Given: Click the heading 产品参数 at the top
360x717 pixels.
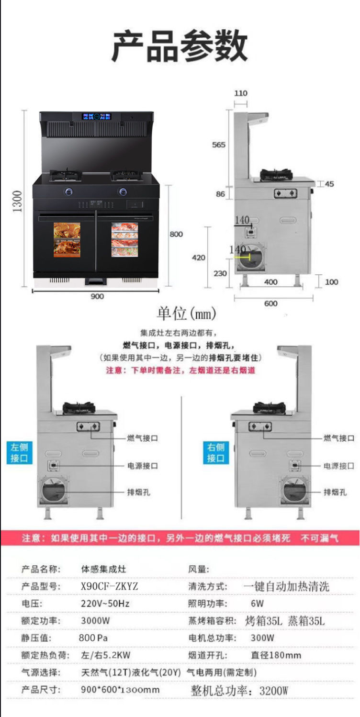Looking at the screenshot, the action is tap(180, 46).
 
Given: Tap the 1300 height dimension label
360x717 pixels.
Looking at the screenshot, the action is tap(17, 201).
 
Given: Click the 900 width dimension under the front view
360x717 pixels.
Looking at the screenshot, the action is tap(97, 296).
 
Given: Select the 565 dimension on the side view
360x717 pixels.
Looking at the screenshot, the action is tap(219, 145).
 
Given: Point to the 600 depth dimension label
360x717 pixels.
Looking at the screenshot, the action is tap(270, 303).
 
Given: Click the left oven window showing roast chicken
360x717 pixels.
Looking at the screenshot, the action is tap(67, 239).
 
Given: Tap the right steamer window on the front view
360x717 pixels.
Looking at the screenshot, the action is tap(124, 239).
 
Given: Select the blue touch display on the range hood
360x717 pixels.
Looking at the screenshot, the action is tap(96, 116).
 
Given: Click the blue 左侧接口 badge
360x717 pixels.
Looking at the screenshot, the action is tap(20, 453).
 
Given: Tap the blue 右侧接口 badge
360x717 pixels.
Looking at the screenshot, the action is tap(216, 453).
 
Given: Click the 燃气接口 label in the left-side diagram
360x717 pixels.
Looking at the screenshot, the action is tap(142, 438).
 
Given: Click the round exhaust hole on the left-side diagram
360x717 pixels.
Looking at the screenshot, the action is tap(53, 492).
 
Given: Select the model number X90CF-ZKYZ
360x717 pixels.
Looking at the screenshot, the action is tap(110, 586).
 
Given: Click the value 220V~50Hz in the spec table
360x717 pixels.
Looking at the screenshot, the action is tap(105, 604).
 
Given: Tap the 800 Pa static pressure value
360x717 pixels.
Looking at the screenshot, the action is tap(93, 638).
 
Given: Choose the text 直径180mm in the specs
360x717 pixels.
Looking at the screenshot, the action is tap(276, 655).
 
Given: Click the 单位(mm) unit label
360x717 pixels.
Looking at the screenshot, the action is tap(187, 314).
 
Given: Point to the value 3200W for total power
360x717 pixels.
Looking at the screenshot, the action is tap(274, 691).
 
